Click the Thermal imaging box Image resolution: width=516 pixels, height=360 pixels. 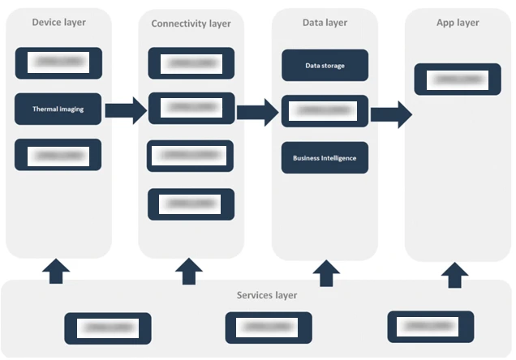click(x=58, y=109)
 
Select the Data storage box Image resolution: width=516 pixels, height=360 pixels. click(x=325, y=66)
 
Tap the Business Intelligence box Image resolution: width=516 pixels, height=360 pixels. click(x=325, y=158)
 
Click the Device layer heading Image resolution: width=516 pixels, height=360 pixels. click(x=58, y=22)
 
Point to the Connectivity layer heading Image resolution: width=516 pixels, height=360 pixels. click(x=191, y=24)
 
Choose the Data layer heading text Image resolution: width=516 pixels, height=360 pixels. click(x=325, y=23)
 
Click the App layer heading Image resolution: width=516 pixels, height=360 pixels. click(x=458, y=23)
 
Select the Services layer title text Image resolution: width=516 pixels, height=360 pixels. click(x=266, y=295)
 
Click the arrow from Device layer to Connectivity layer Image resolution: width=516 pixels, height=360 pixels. click(x=125, y=109)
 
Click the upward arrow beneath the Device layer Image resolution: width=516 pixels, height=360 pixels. click(x=55, y=271)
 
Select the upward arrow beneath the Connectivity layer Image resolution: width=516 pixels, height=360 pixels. click(x=189, y=271)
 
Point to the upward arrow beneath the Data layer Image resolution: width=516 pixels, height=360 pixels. click(x=326, y=272)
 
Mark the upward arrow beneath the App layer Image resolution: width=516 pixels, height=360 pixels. click(x=456, y=275)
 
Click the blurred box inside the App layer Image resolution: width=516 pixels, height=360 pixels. click(x=458, y=79)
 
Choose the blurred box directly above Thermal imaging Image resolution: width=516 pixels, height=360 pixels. click(x=58, y=62)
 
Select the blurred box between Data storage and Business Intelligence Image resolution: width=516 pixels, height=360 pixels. click(x=325, y=111)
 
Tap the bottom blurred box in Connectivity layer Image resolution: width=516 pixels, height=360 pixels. click(x=191, y=204)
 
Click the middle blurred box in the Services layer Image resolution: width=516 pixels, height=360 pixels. click(x=268, y=328)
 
